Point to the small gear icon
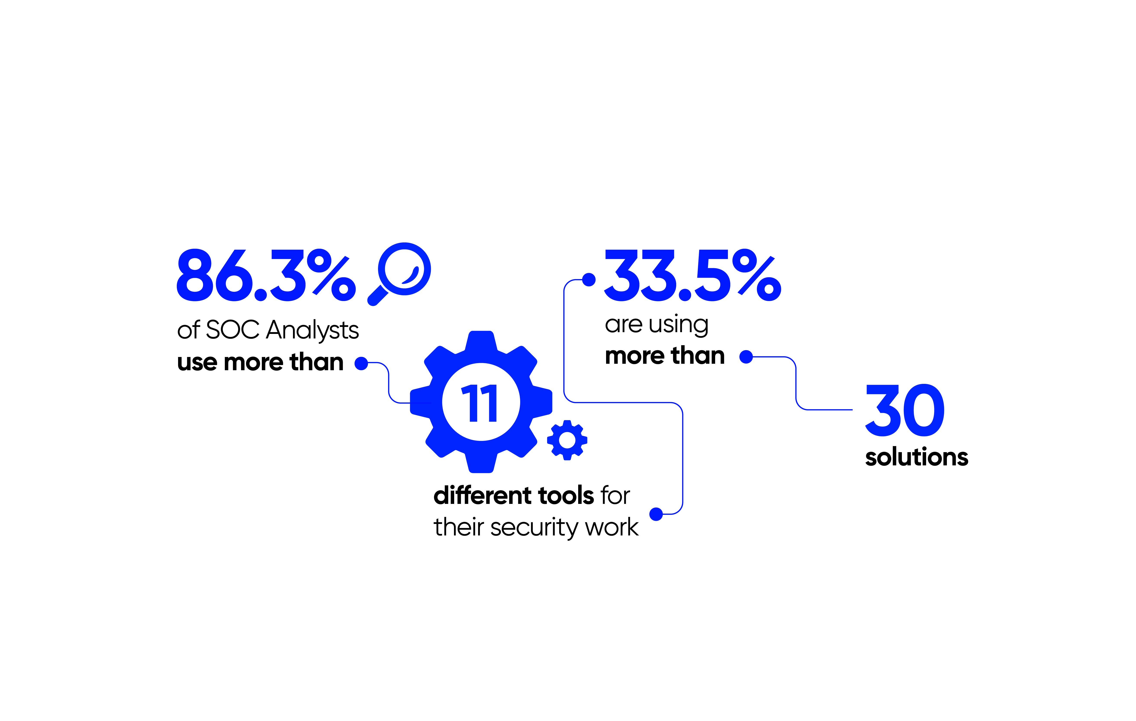567,440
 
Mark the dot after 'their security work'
656,514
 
